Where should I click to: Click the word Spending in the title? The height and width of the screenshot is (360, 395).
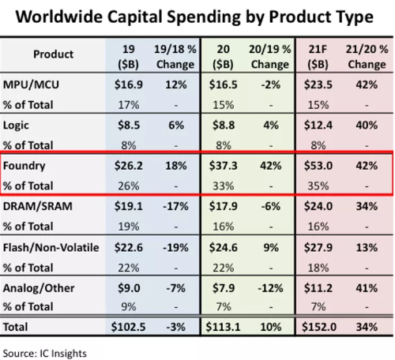[204, 17]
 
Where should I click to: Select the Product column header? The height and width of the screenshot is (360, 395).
[53, 54]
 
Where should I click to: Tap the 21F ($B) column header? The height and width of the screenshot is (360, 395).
[318, 57]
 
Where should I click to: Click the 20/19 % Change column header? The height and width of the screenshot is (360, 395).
[270, 57]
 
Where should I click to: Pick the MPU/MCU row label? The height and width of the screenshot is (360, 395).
[31, 84]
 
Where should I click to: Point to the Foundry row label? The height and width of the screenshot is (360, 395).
[24, 166]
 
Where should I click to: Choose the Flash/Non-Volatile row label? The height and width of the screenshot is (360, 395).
[51, 248]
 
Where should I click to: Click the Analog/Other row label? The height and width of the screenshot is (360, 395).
[39, 288]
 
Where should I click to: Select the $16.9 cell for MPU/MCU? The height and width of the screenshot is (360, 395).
[129, 84]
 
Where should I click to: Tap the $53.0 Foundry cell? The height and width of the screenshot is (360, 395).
[318, 166]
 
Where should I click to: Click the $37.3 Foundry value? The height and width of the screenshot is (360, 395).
[223, 166]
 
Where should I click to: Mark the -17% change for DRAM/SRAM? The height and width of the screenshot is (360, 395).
[175, 206]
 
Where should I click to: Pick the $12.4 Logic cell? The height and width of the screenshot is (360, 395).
[318, 126]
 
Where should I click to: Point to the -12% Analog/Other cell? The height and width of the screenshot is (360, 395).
[270, 288]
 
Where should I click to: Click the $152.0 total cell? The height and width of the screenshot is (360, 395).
[319, 327]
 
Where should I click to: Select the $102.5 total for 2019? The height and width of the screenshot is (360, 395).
[128, 327]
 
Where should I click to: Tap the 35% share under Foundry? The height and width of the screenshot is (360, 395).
[318, 186]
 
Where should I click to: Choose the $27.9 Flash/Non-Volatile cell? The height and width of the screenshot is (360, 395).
[318, 248]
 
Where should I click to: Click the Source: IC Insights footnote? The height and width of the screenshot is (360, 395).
[45, 354]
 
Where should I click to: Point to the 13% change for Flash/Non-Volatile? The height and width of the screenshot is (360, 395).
[367, 248]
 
